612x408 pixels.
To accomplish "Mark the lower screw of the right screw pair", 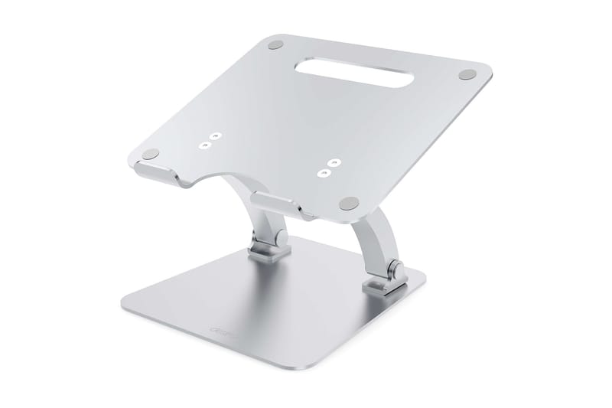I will coord(324,173).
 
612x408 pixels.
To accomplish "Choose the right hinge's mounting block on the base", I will coord(380,283).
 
